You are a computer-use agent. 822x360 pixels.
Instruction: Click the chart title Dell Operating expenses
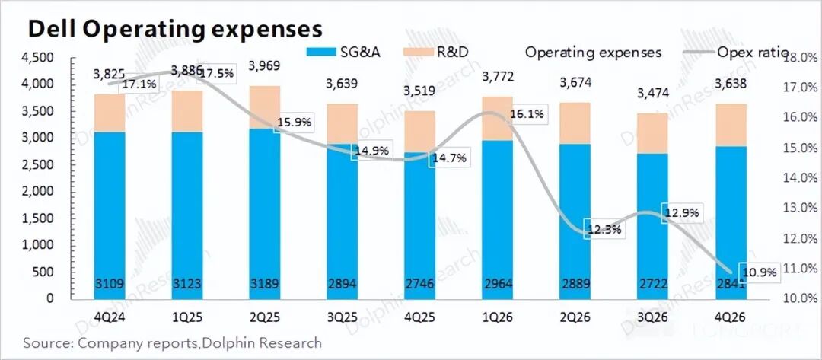tap(175, 29)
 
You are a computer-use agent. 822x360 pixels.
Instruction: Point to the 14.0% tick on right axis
tap(799, 178)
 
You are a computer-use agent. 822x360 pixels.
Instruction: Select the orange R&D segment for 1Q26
tap(497, 119)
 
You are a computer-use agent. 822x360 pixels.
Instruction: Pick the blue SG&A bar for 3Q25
tap(342, 221)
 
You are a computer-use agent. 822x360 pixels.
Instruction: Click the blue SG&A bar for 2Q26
tap(575, 221)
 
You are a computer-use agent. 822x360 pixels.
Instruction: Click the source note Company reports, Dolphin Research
tap(172, 343)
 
